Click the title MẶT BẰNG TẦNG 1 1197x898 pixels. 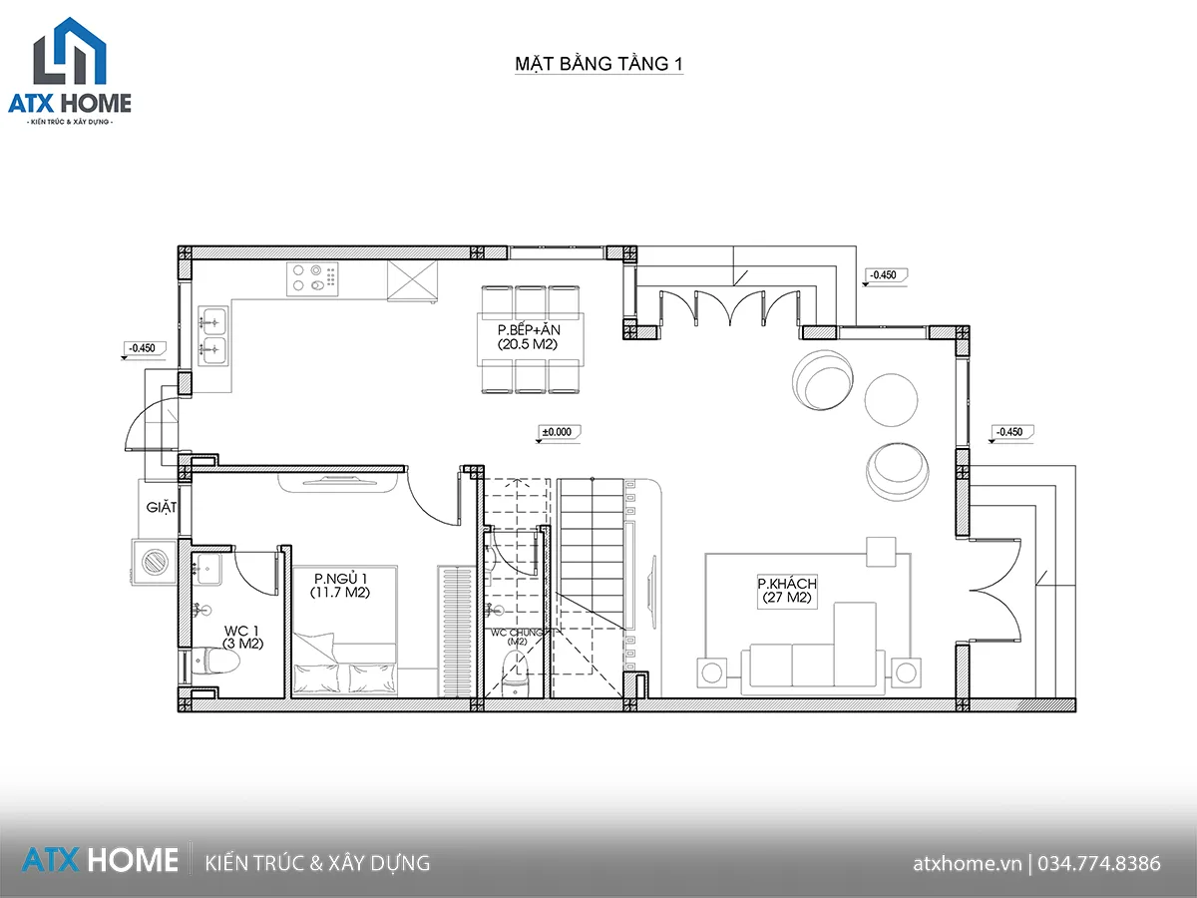(x=598, y=65)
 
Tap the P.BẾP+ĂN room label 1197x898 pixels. (x=528, y=336)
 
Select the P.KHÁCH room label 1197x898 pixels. (x=787, y=591)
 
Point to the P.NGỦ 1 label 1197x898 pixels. (x=339, y=586)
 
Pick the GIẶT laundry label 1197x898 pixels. (x=162, y=507)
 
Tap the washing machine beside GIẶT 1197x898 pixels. (x=155, y=562)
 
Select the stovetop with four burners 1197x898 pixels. (x=312, y=278)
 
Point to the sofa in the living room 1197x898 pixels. (x=812, y=664)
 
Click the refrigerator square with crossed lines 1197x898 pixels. (x=412, y=279)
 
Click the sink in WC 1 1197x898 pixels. (x=209, y=568)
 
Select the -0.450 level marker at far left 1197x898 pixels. (x=142, y=348)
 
